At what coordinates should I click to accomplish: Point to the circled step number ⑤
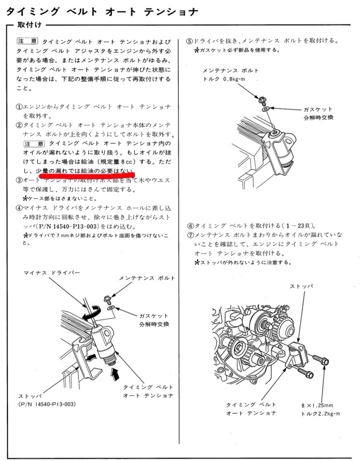pyautogui.click(x=190, y=41)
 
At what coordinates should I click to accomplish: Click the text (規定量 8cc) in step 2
pyautogui.click(x=123, y=163)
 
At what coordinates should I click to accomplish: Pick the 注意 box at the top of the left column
pyautogui.click(x=28, y=42)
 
